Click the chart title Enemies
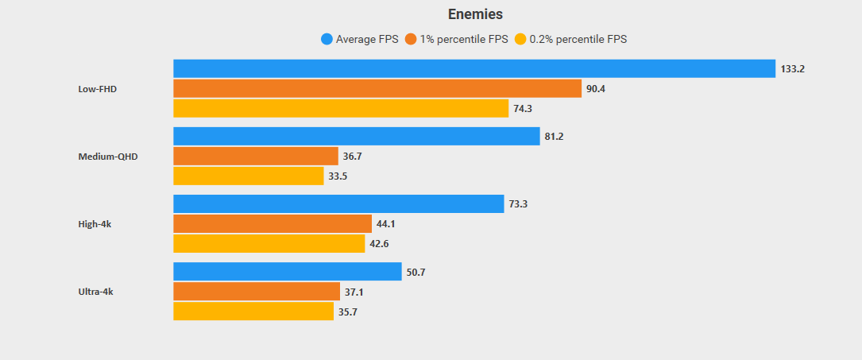[x=475, y=14]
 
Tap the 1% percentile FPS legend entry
[x=456, y=39]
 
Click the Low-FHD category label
[x=98, y=89]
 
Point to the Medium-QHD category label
[x=108, y=157]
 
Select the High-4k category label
[x=95, y=224]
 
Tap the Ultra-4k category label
[x=96, y=292]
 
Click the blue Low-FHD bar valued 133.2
[x=474, y=69]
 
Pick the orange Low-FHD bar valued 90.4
[x=377, y=88]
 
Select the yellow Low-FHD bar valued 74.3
[x=341, y=108]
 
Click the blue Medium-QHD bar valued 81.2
[x=357, y=137]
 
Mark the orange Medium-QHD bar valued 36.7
[x=256, y=156]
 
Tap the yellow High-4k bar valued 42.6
[x=269, y=243]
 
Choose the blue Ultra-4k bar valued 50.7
[x=288, y=272]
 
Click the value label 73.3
[x=519, y=204]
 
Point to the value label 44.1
[x=386, y=224]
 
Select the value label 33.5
[x=338, y=176]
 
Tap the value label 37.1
[x=354, y=292]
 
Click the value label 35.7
[x=348, y=312]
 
